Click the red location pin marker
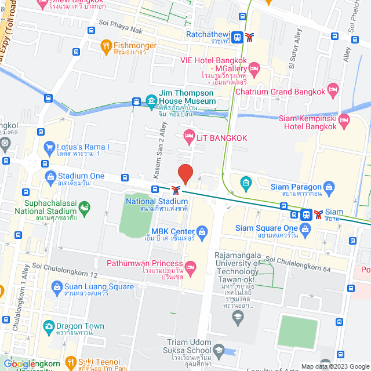pyautogui.click(x=185, y=174)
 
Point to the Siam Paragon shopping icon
pyautogui.click(x=329, y=187)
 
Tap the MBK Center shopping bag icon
pyautogui.click(x=202, y=233)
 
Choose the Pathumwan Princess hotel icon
pyautogui.click(x=191, y=267)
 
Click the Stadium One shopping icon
pyautogui.click(x=49, y=176)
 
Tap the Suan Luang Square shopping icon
pyautogui.click(x=57, y=286)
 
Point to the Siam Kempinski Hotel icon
pyautogui.click(x=344, y=122)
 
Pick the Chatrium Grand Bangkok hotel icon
pyautogui.click(x=333, y=89)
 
